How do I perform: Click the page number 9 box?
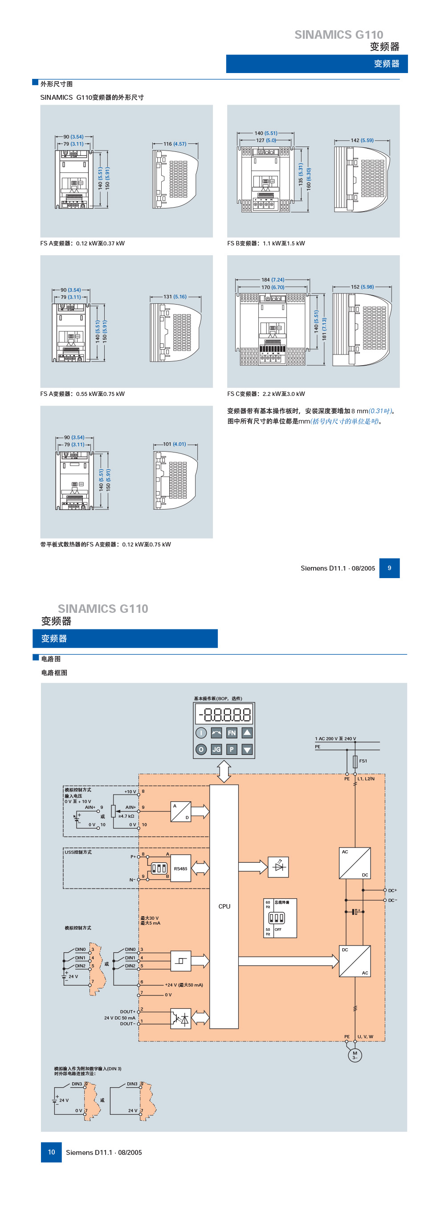(x=389, y=568)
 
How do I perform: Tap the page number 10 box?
(x=51, y=1152)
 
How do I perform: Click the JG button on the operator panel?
(x=216, y=749)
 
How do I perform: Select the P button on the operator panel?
(x=232, y=749)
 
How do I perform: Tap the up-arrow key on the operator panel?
(x=247, y=732)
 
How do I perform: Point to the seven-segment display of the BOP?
(x=224, y=714)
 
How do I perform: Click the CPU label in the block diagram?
(x=224, y=906)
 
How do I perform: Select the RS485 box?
(x=180, y=868)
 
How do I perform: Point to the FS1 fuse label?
(x=363, y=761)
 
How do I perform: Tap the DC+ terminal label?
(x=392, y=890)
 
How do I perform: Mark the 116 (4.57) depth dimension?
(x=175, y=144)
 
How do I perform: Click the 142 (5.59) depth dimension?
(x=362, y=140)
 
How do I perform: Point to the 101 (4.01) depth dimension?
(x=175, y=444)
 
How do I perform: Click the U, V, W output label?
(x=366, y=1036)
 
